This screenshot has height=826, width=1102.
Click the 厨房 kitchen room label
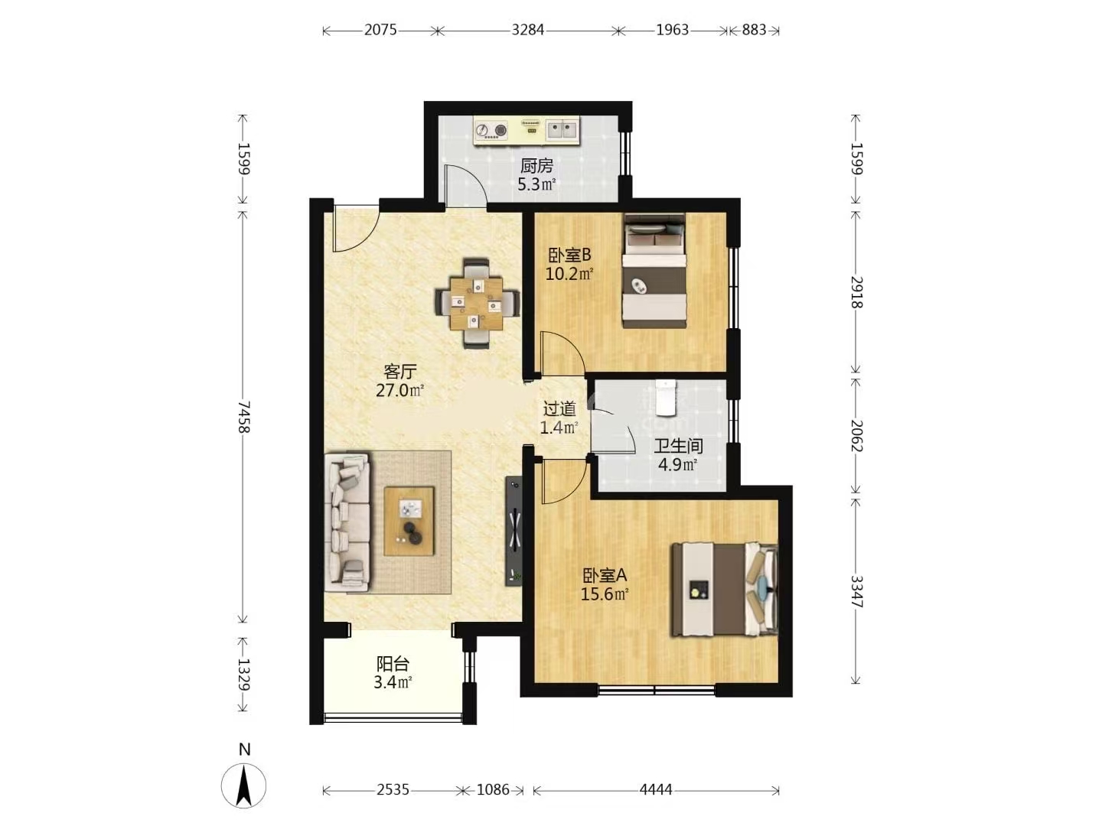coord(536,165)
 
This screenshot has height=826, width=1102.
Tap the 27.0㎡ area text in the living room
coord(400,390)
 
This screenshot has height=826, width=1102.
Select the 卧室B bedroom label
coord(569,255)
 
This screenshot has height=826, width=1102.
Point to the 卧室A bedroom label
coord(605,574)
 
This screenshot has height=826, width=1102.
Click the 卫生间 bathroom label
coord(678,446)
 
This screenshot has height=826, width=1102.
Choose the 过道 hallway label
coord(559,409)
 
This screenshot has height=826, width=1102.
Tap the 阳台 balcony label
coord(393,664)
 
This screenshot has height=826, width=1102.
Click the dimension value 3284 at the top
coord(527,30)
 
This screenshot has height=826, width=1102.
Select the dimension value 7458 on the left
coord(243,416)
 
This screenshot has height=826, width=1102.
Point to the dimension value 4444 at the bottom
coord(656,790)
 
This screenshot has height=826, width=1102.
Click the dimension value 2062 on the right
coord(856,436)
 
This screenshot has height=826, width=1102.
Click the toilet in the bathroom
coord(666,397)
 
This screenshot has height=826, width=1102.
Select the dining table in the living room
coord(476,303)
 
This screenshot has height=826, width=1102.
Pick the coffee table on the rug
coord(409,521)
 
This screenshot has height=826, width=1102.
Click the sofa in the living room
coord(347,523)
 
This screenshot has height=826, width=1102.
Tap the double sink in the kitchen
coord(562,130)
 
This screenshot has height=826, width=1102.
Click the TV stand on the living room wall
coord(514,531)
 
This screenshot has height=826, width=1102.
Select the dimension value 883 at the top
coord(754,30)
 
